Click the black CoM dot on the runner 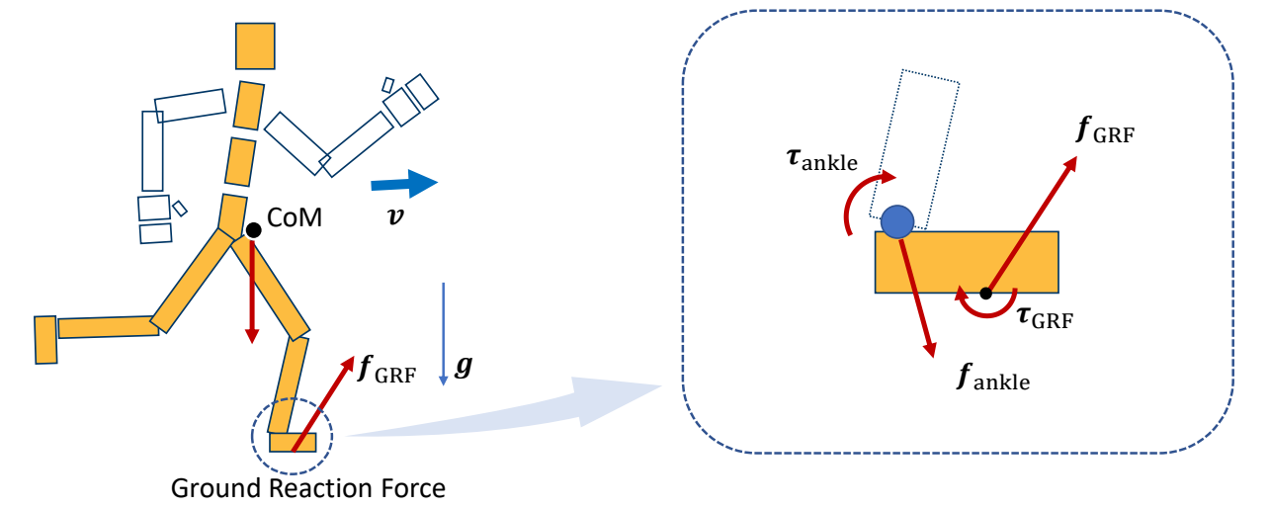coord(253,229)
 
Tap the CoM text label coord(295,217)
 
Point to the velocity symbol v coord(395,214)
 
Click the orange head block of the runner coord(255,45)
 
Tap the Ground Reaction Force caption coord(308,487)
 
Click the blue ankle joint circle coord(896,221)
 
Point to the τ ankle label coord(821,159)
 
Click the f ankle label coord(993,379)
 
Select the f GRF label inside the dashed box coord(1105,130)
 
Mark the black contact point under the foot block coord(985,293)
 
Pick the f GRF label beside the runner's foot coord(386,371)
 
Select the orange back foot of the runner coord(45,339)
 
